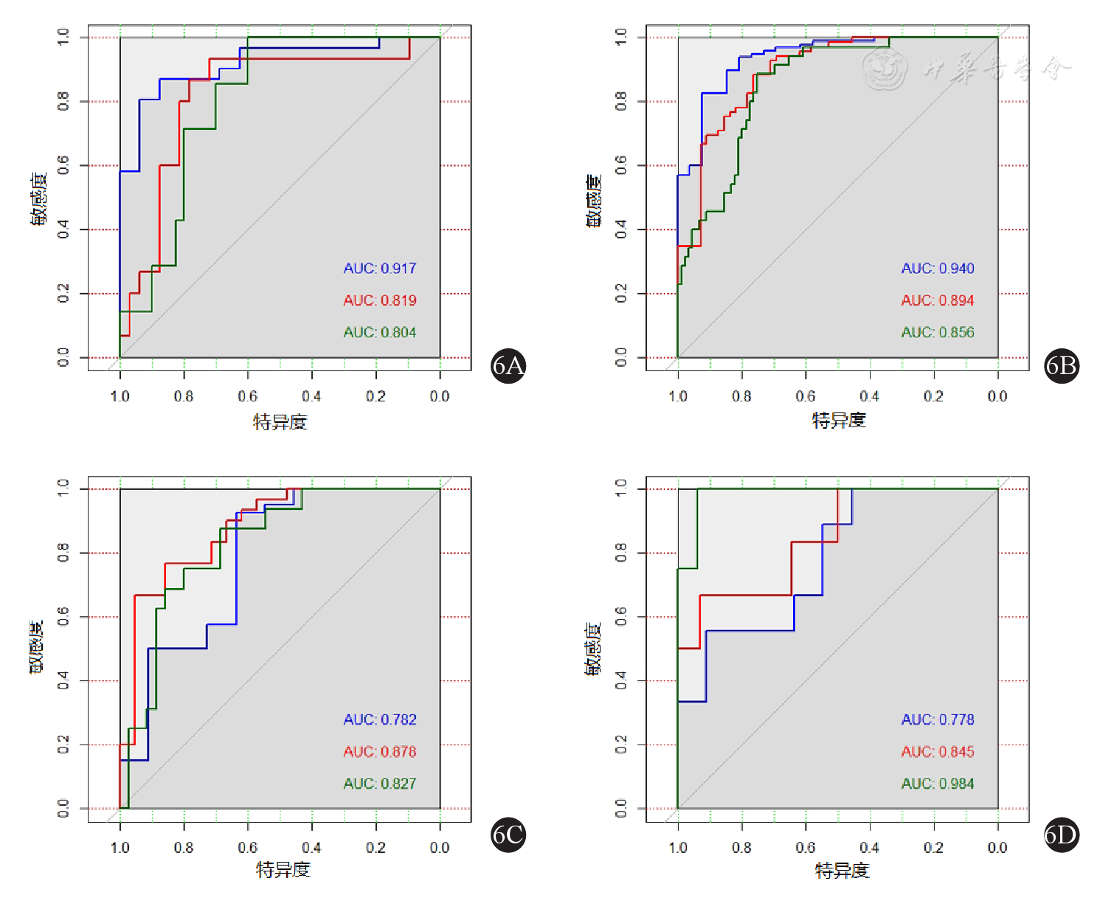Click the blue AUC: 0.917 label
click(x=379, y=269)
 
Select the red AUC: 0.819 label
click(x=379, y=300)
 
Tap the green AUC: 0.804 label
click(x=379, y=333)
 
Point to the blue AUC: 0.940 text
click(x=937, y=269)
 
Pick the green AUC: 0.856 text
click(x=937, y=333)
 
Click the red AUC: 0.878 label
click(x=379, y=752)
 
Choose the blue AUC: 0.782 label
click(x=379, y=719)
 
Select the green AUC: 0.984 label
click(x=937, y=784)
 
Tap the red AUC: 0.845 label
click(x=937, y=752)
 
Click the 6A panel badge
click(x=508, y=365)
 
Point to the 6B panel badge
click(x=1062, y=365)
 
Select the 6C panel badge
click(x=508, y=835)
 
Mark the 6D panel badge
click(x=1062, y=835)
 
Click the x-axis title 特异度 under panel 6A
click(x=280, y=422)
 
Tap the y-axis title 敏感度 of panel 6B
click(x=594, y=201)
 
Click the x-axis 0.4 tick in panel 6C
click(x=311, y=848)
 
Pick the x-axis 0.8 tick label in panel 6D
click(x=741, y=848)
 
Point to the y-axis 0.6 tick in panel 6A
click(x=63, y=165)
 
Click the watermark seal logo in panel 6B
click(x=885, y=69)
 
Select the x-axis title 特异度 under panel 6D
click(x=842, y=871)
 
